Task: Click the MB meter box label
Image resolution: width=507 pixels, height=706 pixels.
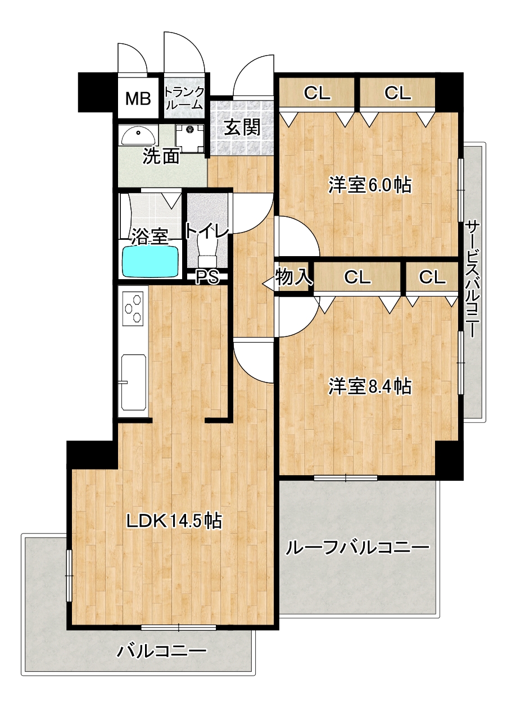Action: (138, 98)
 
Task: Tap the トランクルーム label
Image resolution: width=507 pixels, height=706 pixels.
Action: (184, 98)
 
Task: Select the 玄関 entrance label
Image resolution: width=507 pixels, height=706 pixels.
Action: (242, 127)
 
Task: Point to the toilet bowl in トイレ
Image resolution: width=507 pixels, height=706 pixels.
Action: (207, 252)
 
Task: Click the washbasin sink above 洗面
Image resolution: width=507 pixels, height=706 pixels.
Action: (138, 136)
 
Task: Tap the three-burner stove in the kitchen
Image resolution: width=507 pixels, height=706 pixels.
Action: (133, 309)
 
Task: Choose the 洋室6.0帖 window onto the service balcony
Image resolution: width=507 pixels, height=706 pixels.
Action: (461, 191)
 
